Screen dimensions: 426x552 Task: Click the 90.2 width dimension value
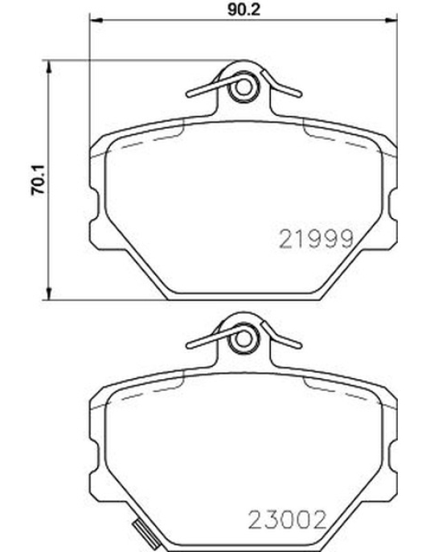[x=243, y=9]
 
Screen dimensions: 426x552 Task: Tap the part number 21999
[x=316, y=239]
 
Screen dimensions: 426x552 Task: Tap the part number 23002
[x=287, y=520]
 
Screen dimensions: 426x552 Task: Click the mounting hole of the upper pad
[x=243, y=87]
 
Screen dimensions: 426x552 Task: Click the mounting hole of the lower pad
[x=243, y=339]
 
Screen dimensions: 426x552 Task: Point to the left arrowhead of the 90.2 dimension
[x=96, y=20]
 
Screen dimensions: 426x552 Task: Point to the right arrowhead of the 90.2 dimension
[x=391, y=20]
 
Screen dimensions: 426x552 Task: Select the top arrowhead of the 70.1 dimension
[x=48, y=67]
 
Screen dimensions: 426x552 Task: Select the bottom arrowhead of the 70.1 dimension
[x=48, y=293]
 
